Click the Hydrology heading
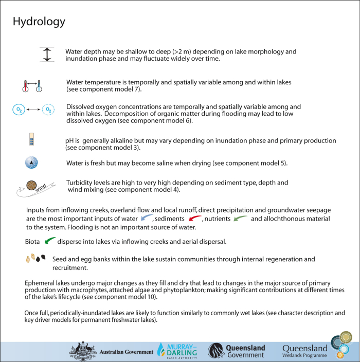pos(39,22)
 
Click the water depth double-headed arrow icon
pos(47,55)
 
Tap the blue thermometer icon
pos(39,85)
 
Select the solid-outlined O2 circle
pos(19,110)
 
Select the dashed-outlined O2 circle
pos(48,110)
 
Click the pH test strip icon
pos(31,139)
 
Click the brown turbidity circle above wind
pos(31,184)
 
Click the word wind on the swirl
pos(41,192)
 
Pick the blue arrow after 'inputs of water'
pos(146,218)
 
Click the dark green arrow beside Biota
pos(50,240)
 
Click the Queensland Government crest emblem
pos(215,351)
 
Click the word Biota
pos(32,241)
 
